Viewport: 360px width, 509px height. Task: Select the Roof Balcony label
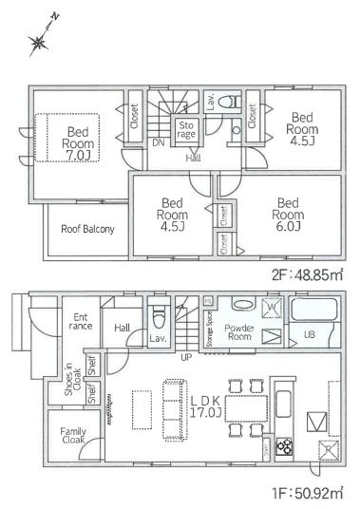[87, 229]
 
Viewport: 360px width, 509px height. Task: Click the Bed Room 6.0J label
[289, 214]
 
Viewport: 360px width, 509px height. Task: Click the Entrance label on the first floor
[77, 321]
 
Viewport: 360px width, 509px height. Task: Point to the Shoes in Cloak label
[68, 382]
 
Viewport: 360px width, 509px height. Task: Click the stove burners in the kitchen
[282, 448]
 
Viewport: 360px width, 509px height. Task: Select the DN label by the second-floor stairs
[156, 142]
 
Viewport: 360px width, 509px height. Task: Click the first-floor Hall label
[123, 327]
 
